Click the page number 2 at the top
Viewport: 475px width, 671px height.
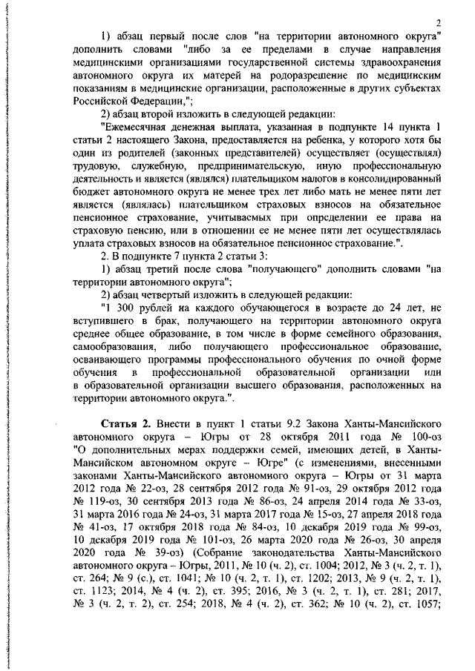tap(439, 22)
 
